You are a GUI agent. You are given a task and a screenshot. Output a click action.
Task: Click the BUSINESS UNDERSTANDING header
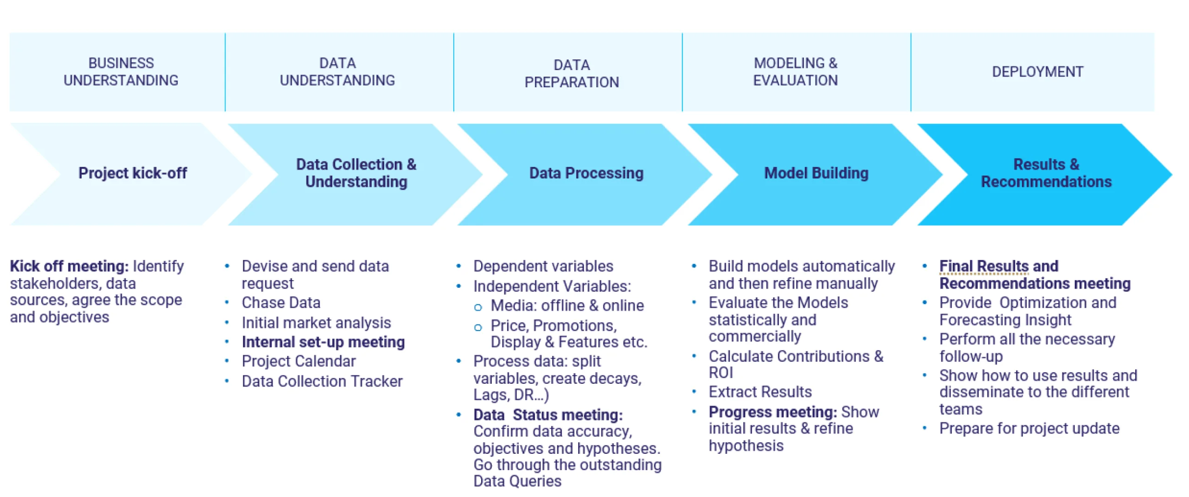point(120,71)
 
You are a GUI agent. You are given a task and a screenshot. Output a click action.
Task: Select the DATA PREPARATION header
point(571,73)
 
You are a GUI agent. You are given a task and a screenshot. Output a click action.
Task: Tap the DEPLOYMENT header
point(1037,71)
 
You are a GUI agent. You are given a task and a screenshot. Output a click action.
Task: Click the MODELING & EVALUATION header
point(795,71)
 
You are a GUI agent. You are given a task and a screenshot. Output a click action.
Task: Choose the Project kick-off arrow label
point(132,173)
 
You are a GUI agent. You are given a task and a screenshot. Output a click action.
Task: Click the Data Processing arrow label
point(586,173)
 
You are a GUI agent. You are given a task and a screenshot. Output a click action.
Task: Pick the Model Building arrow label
point(816,173)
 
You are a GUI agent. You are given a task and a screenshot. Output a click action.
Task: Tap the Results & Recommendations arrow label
point(1046,173)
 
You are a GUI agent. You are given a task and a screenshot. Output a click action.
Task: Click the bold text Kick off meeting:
point(69,266)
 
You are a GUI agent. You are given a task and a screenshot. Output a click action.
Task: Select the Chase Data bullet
point(281,303)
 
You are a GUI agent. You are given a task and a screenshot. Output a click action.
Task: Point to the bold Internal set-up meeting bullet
point(323,342)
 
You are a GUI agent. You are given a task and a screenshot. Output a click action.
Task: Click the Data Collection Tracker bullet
point(322,381)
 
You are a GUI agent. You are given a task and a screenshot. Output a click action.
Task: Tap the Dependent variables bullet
point(543,266)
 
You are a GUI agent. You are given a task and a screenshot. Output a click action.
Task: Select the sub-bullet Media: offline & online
point(567,305)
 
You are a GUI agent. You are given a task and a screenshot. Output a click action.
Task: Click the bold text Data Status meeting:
point(548,414)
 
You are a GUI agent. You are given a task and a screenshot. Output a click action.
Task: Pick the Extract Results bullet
point(760,392)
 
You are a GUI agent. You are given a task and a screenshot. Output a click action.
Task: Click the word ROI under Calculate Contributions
point(720,373)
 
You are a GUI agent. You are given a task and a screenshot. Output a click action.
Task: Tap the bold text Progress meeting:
point(772,412)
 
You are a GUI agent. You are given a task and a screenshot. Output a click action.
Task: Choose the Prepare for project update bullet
point(1029,428)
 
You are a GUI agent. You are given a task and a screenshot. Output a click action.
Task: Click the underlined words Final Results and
point(999,266)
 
